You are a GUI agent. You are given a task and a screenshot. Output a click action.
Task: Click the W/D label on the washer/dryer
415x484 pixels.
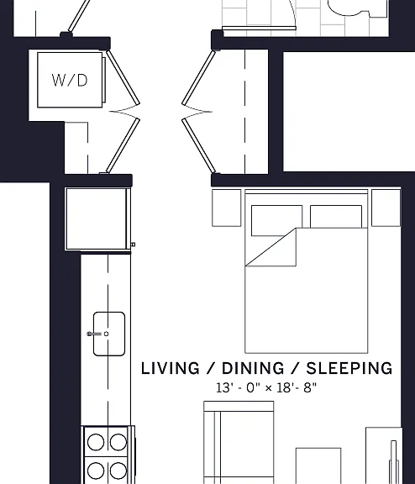[x=70, y=81]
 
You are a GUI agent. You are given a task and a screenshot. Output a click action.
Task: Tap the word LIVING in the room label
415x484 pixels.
[x=171, y=368]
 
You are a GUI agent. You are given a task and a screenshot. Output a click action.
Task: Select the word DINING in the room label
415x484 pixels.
[x=253, y=368]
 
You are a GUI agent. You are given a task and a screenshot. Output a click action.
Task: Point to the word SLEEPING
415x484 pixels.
[x=349, y=368]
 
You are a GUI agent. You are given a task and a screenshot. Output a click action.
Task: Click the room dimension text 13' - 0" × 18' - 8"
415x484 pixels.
[x=266, y=387]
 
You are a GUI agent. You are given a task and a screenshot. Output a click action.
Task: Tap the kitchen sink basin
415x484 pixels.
[x=109, y=334]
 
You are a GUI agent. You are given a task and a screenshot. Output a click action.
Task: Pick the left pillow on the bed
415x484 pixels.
[x=276, y=220]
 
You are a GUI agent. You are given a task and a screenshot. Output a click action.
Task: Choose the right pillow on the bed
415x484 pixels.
[x=336, y=217]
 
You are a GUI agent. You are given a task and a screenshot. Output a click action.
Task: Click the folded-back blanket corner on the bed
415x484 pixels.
[x=279, y=251]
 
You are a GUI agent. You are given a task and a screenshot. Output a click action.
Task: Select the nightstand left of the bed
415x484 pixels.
[x=227, y=208]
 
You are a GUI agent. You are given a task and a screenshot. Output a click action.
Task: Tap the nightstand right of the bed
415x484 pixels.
[x=386, y=208]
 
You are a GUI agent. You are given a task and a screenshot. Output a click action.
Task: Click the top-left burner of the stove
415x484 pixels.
[x=96, y=442]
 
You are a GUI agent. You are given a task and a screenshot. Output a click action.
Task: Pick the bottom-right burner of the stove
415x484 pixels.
[x=118, y=471]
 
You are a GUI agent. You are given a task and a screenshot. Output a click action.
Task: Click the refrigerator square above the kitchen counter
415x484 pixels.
[x=97, y=218]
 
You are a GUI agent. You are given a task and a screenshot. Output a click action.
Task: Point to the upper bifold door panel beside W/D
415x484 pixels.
[x=123, y=77]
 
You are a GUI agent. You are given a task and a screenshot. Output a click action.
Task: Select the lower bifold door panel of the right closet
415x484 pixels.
[x=199, y=145]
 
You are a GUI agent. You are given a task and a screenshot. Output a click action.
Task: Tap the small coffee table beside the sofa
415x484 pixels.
[x=318, y=466]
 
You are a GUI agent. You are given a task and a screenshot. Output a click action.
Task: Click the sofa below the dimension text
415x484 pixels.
[x=239, y=443]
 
